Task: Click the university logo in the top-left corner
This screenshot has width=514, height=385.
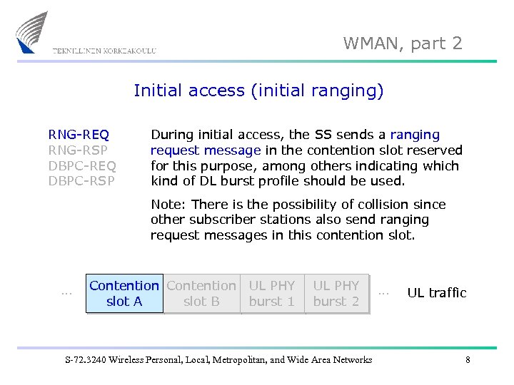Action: (x=32, y=32)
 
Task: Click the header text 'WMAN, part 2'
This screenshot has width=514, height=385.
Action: (x=403, y=43)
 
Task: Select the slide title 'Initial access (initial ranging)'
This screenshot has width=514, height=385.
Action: (x=258, y=91)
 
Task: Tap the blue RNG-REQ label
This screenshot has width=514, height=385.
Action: (x=79, y=135)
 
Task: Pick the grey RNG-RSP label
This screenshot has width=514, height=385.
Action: (x=79, y=150)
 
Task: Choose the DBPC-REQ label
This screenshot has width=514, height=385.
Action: (x=81, y=166)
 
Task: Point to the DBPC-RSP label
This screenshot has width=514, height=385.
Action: (x=81, y=181)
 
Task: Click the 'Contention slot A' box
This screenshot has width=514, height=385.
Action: (x=124, y=294)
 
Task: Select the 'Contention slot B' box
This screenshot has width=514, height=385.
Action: (x=201, y=294)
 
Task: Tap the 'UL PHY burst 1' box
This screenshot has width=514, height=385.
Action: (x=272, y=294)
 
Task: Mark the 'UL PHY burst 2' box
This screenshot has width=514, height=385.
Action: (x=336, y=294)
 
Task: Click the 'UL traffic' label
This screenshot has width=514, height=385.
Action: (x=436, y=293)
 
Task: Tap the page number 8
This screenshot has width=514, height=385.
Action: (x=468, y=360)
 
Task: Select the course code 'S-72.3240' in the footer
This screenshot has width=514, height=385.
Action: (x=84, y=360)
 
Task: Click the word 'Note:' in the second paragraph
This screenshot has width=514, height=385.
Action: (x=168, y=205)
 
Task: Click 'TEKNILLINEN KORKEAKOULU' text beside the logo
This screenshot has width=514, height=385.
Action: (x=104, y=51)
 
